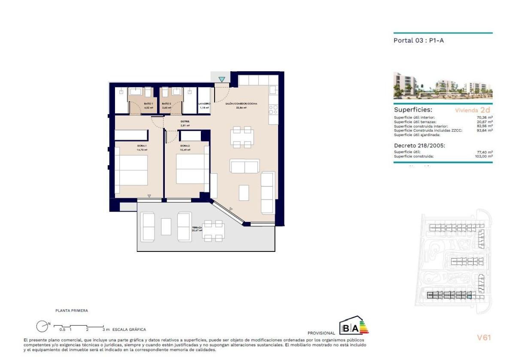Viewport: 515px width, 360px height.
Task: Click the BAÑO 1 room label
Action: tap(136, 104)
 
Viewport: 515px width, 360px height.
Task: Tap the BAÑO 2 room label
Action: tap(167, 104)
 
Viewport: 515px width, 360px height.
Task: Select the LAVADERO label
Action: tap(204, 104)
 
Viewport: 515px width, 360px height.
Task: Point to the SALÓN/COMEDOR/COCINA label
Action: tap(241, 104)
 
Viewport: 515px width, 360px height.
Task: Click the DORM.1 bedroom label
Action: tap(142, 146)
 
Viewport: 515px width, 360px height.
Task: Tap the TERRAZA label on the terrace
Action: tap(197, 228)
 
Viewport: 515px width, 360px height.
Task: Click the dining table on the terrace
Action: tap(213, 231)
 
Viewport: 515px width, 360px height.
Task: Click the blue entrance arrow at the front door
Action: tap(221, 79)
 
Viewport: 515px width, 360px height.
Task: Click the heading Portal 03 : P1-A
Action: tap(415, 41)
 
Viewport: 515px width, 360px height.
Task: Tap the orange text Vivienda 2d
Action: tap(473, 110)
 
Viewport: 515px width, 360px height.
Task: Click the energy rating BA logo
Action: tap(354, 326)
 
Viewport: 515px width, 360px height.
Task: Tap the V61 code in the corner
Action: tap(484, 337)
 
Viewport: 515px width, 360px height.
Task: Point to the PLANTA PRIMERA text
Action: tap(72, 310)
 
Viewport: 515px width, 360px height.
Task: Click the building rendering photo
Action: tap(443, 86)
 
